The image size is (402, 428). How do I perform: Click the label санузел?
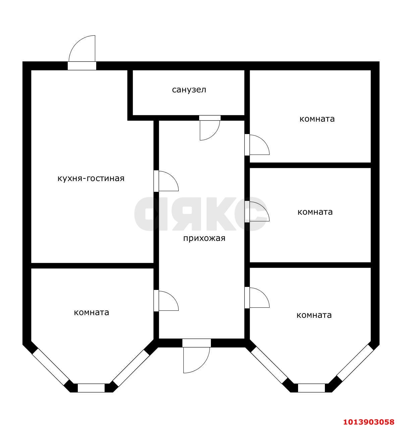point(189,90)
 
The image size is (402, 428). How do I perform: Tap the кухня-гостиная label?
point(91,179)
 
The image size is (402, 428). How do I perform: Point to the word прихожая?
point(204,239)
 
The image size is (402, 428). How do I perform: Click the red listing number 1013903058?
point(369,422)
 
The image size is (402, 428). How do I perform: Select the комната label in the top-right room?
point(317,119)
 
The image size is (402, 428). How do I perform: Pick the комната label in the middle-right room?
point(315,212)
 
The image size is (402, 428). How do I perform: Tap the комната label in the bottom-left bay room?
point(92,312)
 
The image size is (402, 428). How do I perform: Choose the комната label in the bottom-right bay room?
point(314,315)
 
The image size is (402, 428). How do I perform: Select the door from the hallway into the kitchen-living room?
point(166,181)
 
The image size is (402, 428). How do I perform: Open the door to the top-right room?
point(257,144)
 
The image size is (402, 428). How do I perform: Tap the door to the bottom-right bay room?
point(257,297)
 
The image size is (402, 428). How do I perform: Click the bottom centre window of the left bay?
point(91,388)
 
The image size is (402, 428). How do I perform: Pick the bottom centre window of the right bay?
point(311,388)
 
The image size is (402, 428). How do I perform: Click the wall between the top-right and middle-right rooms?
point(310,165)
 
